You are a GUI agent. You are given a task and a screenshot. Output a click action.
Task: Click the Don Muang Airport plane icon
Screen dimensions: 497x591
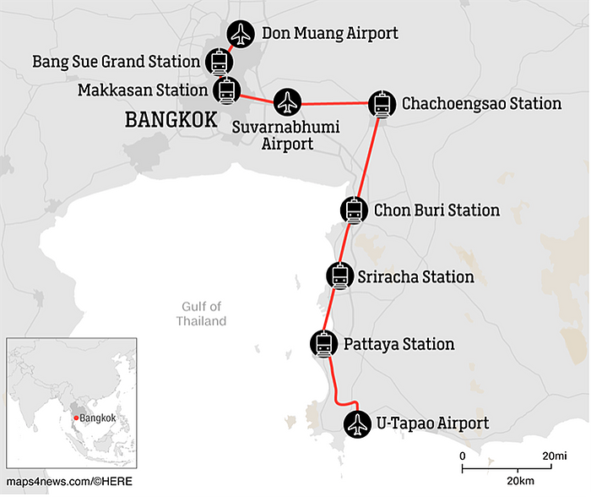(241, 34)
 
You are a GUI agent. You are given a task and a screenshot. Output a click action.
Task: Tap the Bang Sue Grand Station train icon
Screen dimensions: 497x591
(219, 61)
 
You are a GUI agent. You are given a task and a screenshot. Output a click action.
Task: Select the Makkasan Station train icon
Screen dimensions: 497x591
(226, 90)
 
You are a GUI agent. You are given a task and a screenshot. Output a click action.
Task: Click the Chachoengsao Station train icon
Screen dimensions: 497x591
(382, 104)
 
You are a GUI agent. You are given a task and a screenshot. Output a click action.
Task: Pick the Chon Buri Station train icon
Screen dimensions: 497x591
(353, 210)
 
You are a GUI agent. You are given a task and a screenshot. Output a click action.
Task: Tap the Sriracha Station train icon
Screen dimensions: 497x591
(339, 276)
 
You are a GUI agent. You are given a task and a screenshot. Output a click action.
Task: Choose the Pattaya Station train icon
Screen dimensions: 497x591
(324, 343)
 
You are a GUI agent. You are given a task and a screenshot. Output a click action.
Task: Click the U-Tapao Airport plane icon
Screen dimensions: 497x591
(358, 423)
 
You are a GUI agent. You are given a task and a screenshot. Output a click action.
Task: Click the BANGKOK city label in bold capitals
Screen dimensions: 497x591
(170, 119)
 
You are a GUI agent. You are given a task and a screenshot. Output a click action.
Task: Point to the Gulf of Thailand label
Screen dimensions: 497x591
(201, 314)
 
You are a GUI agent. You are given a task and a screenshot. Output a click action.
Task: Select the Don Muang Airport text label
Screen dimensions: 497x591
(329, 34)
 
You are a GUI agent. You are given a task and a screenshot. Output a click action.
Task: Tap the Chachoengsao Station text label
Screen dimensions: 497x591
(481, 104)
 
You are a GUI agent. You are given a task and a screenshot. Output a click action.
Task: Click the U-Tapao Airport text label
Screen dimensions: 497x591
(432, 423)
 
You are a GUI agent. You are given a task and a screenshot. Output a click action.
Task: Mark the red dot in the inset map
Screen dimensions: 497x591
(75, 418)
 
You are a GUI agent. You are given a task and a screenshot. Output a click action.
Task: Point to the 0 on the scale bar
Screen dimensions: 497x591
(462, 456)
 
